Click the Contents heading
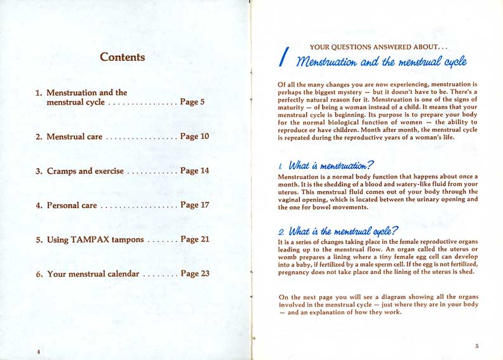(x=123, y=57)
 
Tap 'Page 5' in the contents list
(x=192, y=102)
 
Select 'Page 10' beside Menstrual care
(x=194, y=136)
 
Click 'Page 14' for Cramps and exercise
(x=194, y=171)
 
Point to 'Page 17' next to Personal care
(x=194, y=205)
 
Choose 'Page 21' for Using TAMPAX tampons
(x=194, y=239)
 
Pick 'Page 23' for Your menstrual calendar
(x=194, y=274)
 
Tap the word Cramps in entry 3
(x=62, y=171)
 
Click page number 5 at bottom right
(x=476, y=345)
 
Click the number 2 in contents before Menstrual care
(x=38, y=136)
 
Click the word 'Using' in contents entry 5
(x=58, y=239)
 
